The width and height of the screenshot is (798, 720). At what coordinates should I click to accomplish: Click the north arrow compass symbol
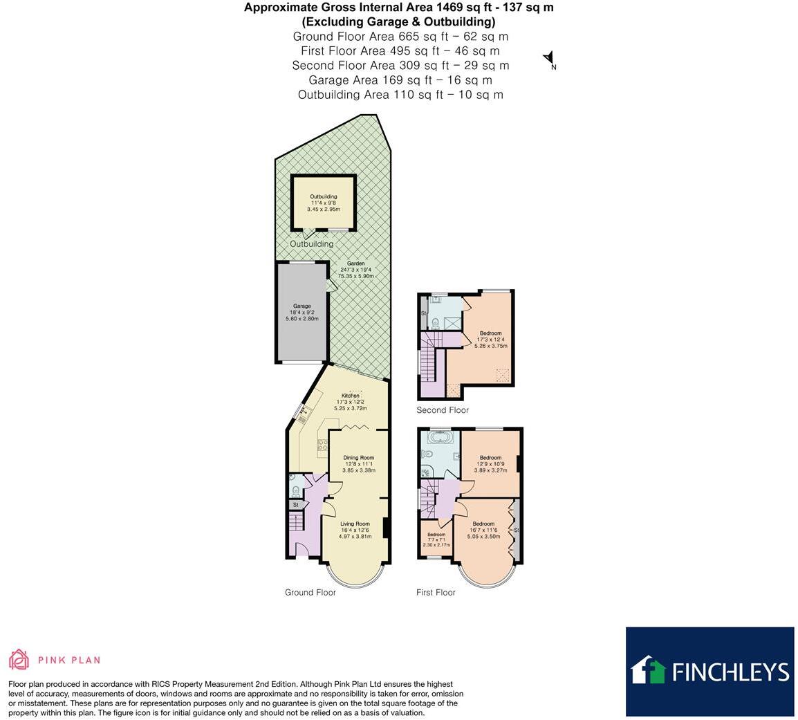pos(549,59)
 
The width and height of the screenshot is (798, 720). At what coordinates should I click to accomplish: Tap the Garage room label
pos(301,306)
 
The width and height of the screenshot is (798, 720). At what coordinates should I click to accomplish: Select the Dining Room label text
pos(358,458)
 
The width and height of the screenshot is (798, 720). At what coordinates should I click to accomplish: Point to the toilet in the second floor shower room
pos(434,322)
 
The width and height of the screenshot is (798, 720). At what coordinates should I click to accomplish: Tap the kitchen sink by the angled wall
pos(303,415)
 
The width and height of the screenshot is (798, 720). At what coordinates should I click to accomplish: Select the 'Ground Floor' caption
pos(310,593)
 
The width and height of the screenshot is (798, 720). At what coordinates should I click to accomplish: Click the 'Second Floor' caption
pos(443,410)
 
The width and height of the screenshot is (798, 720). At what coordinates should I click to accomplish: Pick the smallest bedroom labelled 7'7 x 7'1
pos(436,539)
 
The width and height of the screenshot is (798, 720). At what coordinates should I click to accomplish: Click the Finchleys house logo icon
pos(648,671)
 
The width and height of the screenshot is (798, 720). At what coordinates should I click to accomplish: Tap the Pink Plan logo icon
pos(19,660)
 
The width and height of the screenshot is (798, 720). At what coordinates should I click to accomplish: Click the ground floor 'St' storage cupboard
pos(296,505)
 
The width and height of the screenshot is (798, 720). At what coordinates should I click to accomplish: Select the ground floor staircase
pos(296,522)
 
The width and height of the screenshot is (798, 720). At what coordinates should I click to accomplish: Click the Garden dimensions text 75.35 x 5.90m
pos(355,276)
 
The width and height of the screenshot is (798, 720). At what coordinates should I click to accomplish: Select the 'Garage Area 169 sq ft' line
pos(400,80)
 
